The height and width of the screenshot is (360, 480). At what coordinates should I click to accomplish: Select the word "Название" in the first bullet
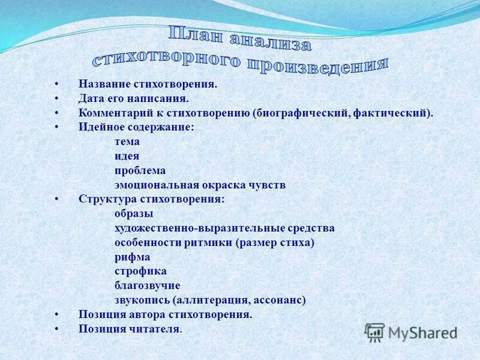102,84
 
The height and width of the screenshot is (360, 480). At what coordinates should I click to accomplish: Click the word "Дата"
90,98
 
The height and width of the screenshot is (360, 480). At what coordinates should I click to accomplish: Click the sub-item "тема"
127,142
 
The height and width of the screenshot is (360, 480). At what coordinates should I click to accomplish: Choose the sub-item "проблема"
140,170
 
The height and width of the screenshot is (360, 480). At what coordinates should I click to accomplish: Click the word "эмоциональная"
154,185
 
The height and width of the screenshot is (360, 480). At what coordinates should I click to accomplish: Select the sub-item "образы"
134,214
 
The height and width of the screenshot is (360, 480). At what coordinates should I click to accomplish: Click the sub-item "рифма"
132,257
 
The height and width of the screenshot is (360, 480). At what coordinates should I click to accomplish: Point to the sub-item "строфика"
140,271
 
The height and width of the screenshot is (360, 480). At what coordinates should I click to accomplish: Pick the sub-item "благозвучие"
147,286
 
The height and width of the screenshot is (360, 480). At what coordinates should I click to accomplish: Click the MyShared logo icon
374,332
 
